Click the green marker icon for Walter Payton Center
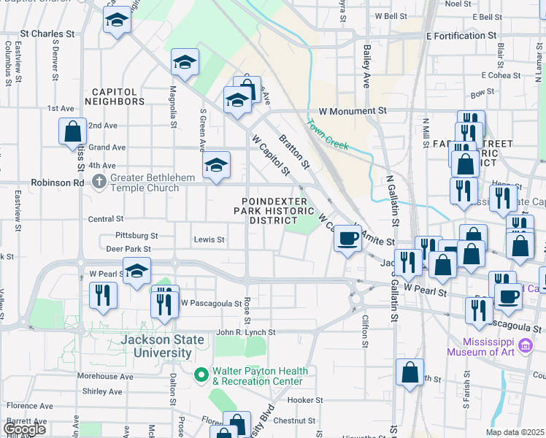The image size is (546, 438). [201, 375]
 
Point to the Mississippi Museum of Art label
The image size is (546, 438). [489, 346]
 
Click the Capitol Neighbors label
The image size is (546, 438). [113, 96]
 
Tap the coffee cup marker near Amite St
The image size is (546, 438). [347, 238]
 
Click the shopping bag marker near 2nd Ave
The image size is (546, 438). [73, 131]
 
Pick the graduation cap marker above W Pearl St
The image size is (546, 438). [136, 272]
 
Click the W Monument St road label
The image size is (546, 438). [352, 111]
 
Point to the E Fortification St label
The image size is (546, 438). [461, 35]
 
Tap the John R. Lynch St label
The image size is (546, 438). [245, 332]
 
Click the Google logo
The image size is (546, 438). [24, 429]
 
